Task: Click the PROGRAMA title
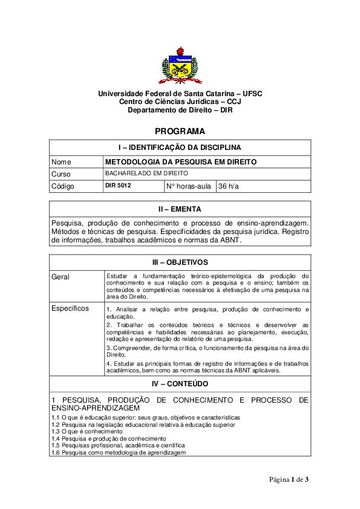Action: coord(180,131)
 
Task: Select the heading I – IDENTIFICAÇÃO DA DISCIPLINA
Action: coord(180,148)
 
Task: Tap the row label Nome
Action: coord(62,162)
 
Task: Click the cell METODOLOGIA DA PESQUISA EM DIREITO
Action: coord(181,162)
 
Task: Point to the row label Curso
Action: coord(62,174)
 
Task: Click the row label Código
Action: coord(63,186)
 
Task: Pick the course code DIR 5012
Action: coord(118,186)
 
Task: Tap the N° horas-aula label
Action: coord(188,186)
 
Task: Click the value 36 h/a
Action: coord(229,186)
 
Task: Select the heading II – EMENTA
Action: coord(180,209)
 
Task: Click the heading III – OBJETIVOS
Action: coord(180,262)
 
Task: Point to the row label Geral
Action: coord(61,277)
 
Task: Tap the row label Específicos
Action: coord(70,309)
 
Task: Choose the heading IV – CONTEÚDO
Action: coord(180,383)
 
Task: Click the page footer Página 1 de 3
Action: coord(289,480)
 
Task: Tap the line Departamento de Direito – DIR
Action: coord(180,111)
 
